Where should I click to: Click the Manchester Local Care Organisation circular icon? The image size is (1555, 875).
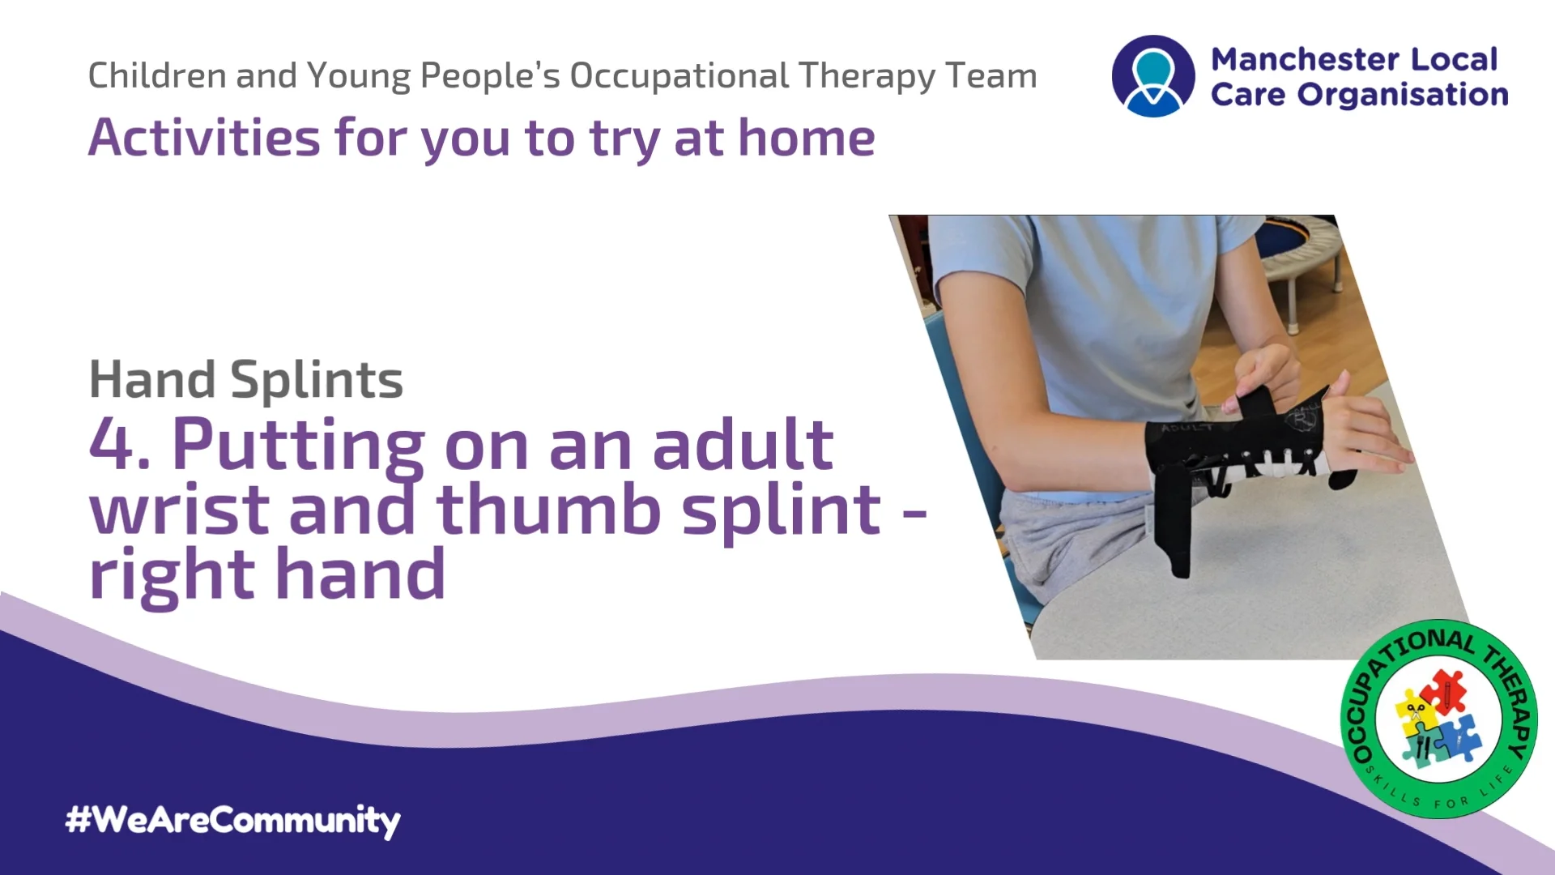[x=1152, y=76]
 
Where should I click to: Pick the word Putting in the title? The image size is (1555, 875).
[x=298, y=446]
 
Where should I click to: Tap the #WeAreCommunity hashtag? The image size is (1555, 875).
[x=233, y=820]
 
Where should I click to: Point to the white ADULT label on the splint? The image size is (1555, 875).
[x=1186, y=427]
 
